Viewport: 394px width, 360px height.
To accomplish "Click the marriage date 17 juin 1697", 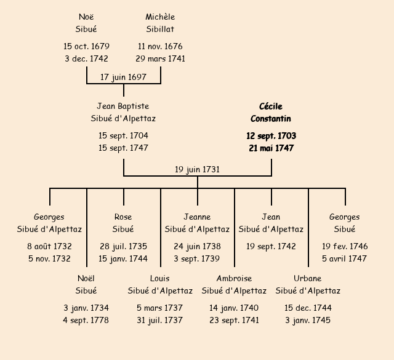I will pyautogui.click(x=123, y=77).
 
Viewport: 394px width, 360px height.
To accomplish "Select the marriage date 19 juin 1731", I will pyautogui.click(x=197, y=169).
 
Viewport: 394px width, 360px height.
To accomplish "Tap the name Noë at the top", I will pyautogui.click(x=86, y=17).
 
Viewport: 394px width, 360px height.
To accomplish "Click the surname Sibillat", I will pyautogui.click(x=160, y=29).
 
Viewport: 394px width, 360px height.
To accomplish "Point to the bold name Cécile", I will pyautogui.click(x=271, y=106).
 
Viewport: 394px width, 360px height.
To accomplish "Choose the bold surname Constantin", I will pyautogui.click(x=271, y=119).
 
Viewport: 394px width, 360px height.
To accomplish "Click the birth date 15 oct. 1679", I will pyautogui.click(x=86, y=46).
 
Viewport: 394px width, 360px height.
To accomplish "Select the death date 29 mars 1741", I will pyautogui.click(x=160, y=59).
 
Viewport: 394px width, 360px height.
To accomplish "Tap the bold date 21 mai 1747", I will pyautogui.click(x=271, y=148).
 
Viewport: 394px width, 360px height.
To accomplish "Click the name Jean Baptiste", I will pyautogui.click(x=123, y=106).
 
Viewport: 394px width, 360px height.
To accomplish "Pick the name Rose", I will pyautogui.click(x=123, y=217).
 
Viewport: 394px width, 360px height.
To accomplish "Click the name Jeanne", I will pyautogui.click(x=197, y=217).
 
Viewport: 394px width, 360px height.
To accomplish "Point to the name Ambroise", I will pyautogui.click(x=234, y=278).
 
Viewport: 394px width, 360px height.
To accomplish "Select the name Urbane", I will pyautogui.click(x=308, y=278).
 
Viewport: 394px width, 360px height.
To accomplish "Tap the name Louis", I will pyautogui.click(x=160, y=278).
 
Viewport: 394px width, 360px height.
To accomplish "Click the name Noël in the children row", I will pyautogui.click(x=86, y=278).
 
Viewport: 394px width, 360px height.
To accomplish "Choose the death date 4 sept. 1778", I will pyautogui.click(x=86, y=320).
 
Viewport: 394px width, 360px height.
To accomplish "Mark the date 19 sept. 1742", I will pyautogui.click(x=271, y=246).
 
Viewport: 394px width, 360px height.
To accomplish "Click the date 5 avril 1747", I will pyautogui.click(x=345, y=258).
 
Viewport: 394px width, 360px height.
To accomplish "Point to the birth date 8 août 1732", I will pyautogui.click(x=49, y=246).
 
